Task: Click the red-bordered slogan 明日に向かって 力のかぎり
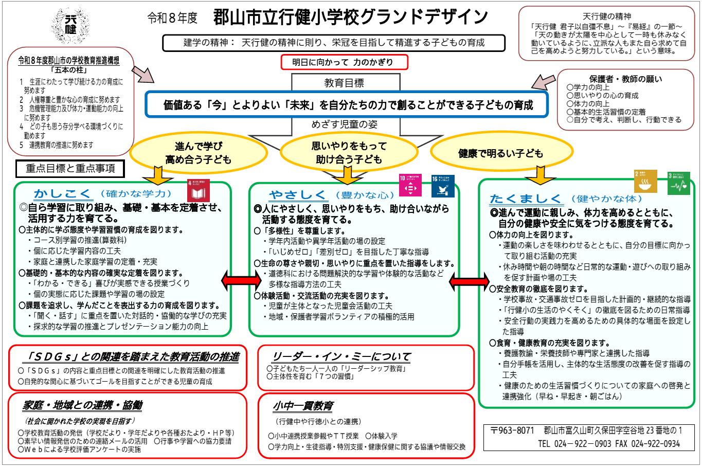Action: pyautogui.click(x=344, y=62)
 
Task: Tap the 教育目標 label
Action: pyautogui.click(x=344, y=83)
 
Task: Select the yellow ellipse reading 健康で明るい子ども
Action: pyautogui.click(x=500, y=153)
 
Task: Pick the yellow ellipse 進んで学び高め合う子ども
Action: pyautogui.click(x=198, y=153)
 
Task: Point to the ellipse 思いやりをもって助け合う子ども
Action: pyautogui.click(x=349, y=153)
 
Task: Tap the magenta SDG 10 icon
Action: pyautogui.click(x=410, y=186)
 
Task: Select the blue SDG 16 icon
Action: pyautogui.click(x=443, y=186)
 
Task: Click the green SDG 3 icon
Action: pyautogui.click(x=678, y=183)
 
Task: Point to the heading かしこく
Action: pyautogui.click(x=63, y=194)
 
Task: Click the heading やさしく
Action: pyautogui.click(x=298, y=195)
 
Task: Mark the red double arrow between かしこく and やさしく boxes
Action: pyautogui.click(x=241, y=281)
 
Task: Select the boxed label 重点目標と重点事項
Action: pyautogui.click(x=70, y=168)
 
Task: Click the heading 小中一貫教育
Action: pyautogui.click(x=303, y=406)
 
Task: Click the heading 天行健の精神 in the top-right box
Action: pyautogui.click(x=607, y=16)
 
